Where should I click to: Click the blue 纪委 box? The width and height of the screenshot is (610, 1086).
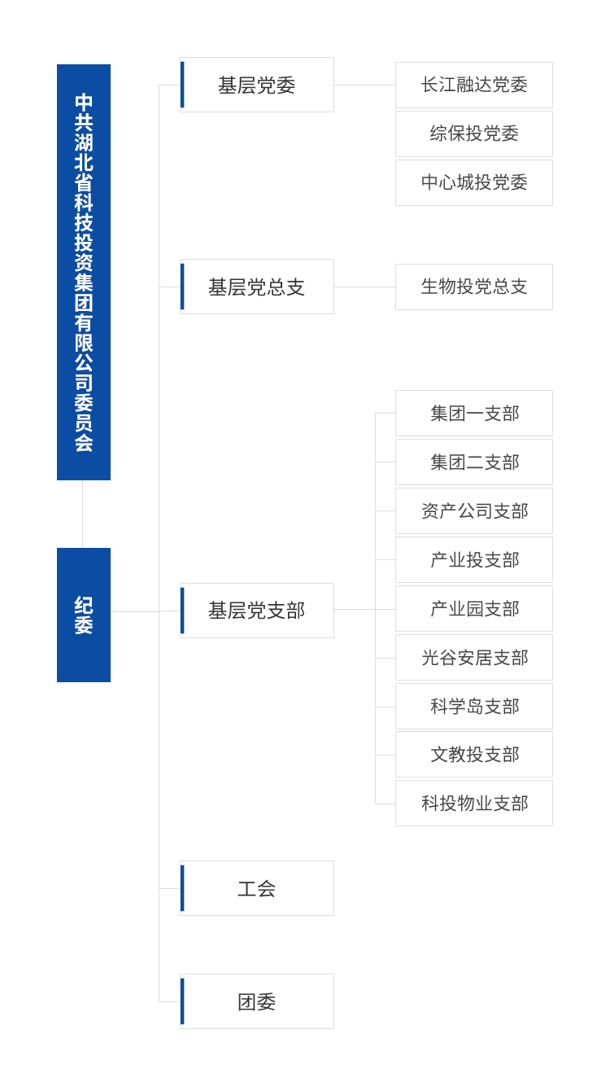(x=84, y=615)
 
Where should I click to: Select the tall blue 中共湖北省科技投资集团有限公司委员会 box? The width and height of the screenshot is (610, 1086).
(x=84, y=272)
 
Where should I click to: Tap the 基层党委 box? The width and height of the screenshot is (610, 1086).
(x=256, y=85)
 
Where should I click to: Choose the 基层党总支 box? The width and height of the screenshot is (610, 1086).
(x=256, y=287)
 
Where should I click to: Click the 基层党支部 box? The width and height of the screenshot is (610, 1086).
(x=256, y=610)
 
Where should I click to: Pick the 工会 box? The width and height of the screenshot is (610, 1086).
(x=256, y=888)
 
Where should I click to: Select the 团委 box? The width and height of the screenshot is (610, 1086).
(x=256, y=1001)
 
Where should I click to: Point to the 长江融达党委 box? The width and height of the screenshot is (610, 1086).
(x=474, y=85)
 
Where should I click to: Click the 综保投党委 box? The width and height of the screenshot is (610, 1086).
(x=474, y=134)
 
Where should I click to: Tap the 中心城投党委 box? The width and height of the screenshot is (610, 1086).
(x=474, y=182)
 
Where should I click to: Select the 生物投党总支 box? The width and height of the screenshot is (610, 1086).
(x=474, y=287)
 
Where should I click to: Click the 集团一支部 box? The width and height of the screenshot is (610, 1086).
(x=474, y=414)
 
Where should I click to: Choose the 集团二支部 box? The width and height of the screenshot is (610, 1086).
(x=474, y=462)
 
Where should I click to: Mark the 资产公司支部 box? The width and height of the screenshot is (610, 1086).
(x=474, y=511)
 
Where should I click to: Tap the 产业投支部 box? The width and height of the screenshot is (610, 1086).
(x=474, y=560)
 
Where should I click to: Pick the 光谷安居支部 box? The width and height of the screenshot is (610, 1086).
(x=474, y=658)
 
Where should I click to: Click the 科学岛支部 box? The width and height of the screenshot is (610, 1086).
(x=474, y=707)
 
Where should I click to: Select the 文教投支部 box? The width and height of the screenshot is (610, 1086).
(x=474, y=755)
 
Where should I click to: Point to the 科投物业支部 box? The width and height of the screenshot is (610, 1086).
(x=474, y=804)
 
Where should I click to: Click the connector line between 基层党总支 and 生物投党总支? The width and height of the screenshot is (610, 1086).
(x=364, y=287)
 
